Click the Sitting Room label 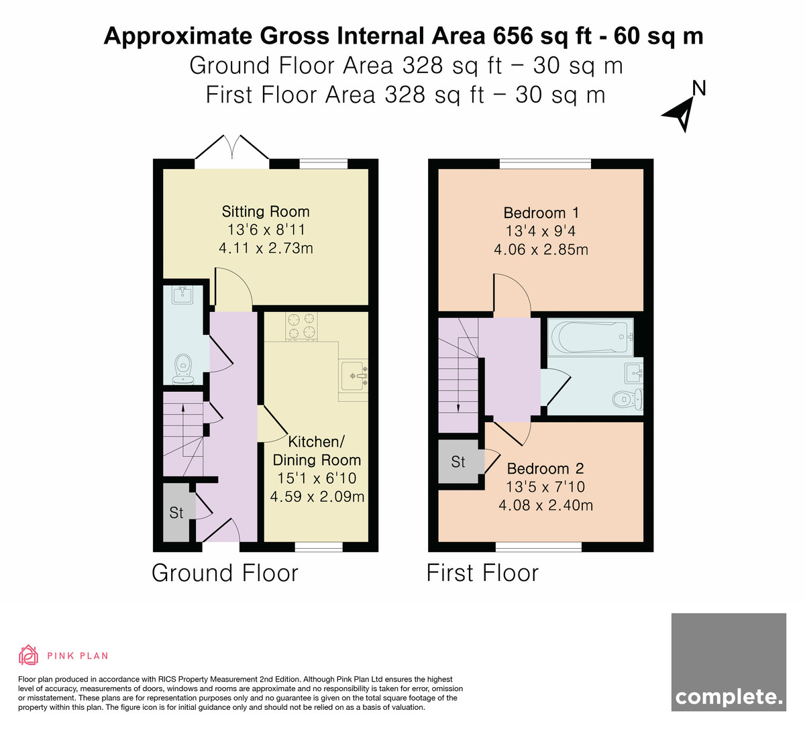pos(266,211)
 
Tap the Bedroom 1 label pos(541,213)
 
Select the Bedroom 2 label pos(545,468)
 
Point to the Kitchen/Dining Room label pos(317,451)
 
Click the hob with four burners pos(301,326)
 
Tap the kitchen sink pos(353,376)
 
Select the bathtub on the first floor pos(590,337)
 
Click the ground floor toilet pos(183,368)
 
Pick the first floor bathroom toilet pos(628,399)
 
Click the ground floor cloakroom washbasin pos(183,295)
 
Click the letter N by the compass pos(700,89)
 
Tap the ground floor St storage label pos(176,513)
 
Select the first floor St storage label pos(458,462)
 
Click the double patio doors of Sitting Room pos(232,152)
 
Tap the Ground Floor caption pos(225,573)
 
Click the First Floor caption pos(482,573)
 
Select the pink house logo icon pos(28,655)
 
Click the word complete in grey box pos(729,696)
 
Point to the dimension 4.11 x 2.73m pos(266,248)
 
